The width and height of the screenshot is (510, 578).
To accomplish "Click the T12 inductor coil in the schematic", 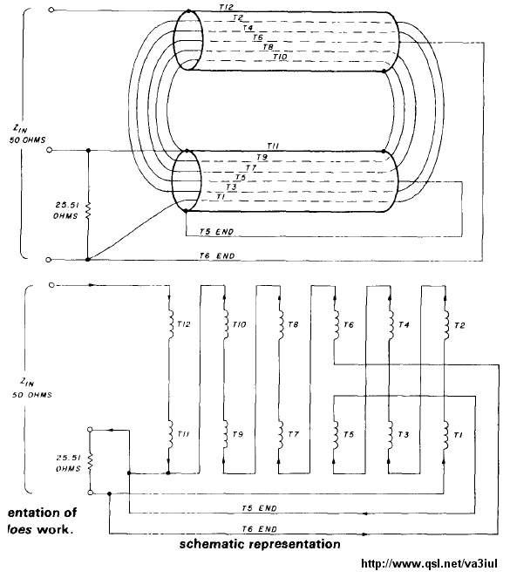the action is click(171, 325).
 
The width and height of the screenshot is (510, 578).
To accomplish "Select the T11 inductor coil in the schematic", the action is click(171, 435).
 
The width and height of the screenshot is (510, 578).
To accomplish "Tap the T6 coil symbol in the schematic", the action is click(337, 325).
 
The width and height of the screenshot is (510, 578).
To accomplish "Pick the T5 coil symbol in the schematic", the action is click(336, 435).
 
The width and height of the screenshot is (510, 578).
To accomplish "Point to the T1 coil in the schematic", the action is click(445, 435).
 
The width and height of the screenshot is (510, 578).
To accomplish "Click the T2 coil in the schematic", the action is click(446, 325).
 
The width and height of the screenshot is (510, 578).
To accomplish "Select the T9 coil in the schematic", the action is click(226, 435).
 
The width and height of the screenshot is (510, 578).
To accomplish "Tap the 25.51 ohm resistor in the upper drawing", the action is click(88, 210).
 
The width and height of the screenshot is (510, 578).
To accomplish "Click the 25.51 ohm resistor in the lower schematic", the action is click(91, 462).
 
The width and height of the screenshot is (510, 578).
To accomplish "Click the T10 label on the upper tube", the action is click(280, 58).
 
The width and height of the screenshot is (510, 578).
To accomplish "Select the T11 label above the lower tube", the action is click(272, 146).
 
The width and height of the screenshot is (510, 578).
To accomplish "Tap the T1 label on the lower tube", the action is click(221, 197).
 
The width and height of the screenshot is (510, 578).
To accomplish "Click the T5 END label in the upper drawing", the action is click(217, 232).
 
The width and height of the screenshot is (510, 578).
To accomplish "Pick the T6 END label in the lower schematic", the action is click(260, 529).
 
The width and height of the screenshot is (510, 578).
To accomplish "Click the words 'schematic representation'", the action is click(260, 545).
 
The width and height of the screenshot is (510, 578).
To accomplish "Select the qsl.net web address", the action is click(429, 564).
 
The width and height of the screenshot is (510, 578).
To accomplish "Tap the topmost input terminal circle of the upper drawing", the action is click(51, 10).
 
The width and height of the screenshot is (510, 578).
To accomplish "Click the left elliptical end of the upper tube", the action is click(188, 40).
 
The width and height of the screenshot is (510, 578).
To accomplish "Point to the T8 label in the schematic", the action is click(293, 325).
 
